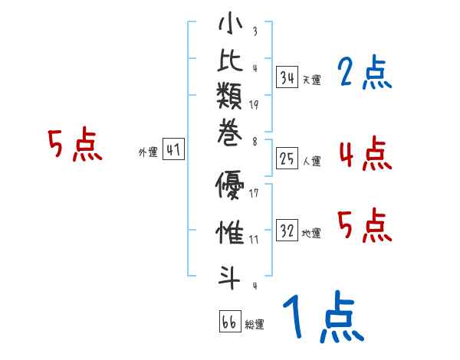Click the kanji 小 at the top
pyautogui.click(x=231, y=26)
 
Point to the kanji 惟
pyautogui.click(x=231, y=231)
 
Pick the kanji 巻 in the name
pyautogui.click(x=231, y=142)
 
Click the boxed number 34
pyautogui.click(x=287, y=77)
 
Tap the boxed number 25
pyautogui.click(x=287, y=159)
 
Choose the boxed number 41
pyautogui.click(x=173, y=150)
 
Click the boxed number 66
pyautogui.click(x=228, y=322)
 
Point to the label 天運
pyautogui.click(x=311, y=80)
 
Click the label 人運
pyautogui.click(x=311, y=161)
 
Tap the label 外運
pyautogui.click(x=147, y=152)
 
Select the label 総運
pyautogui.click(x=254, y=325)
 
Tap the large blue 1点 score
pyautogui.click(x=322, y=319)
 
